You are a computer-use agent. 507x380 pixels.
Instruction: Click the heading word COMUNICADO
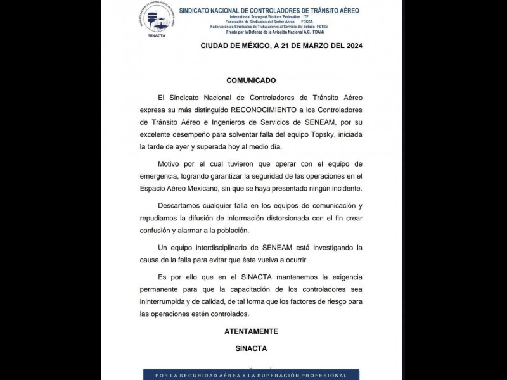(251, 81)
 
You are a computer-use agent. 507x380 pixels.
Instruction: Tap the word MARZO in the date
(301, 46)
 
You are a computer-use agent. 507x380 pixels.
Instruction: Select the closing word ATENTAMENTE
(251, 331)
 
